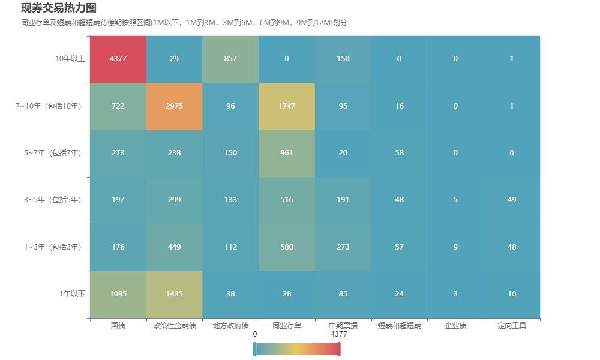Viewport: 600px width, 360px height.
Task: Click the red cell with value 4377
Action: click(x=118, y=59)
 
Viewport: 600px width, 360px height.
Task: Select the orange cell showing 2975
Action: click(x=174, y=106)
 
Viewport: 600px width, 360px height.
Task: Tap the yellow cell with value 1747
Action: click(x=287, y=106)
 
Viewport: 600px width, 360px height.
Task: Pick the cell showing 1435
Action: click(x=174, y=294)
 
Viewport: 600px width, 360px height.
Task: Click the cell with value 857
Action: click(x=230, y=59)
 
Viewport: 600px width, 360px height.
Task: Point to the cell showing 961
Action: click(x=287, y=154)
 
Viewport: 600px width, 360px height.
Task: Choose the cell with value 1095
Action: click(x=118, y=294)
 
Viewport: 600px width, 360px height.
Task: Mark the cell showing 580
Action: click(x=287, y=247)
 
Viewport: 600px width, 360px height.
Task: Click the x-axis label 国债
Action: click(x=118, y=326)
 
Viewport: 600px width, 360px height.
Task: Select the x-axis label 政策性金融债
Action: click(x=175, y=326)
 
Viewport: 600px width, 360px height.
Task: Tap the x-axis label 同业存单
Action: click(x=287, y=326)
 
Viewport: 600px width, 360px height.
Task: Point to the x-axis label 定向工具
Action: click(x=512, y=326)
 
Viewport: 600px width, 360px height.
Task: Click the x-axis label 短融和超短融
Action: click(x=400, y=326)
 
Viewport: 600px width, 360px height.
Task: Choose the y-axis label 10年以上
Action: click(x=70, y=59)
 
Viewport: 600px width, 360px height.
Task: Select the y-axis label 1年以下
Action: click(x=73, y=294)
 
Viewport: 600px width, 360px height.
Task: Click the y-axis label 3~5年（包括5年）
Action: click(x=53, y=200)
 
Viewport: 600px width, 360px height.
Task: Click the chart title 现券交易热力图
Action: click(x=59, y=8)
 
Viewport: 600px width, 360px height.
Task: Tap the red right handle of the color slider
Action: click(x=339, y=349)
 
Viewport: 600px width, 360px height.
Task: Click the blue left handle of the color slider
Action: click(x=255, y=349)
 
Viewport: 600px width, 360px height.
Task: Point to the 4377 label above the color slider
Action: click(x=339, y=334)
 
